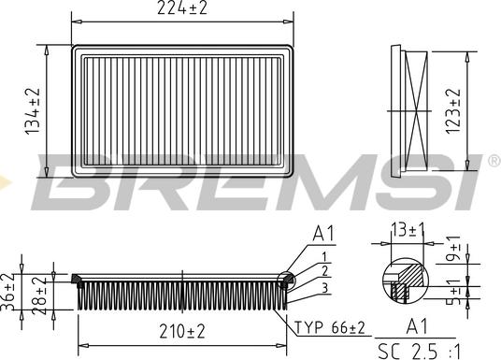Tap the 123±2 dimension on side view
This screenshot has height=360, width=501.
[x=455, y=109]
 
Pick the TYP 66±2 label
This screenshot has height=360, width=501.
[x=329, y=328]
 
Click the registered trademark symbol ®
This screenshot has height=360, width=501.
[x=493, y=163]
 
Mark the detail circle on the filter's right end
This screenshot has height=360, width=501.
[x=288, y=279]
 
